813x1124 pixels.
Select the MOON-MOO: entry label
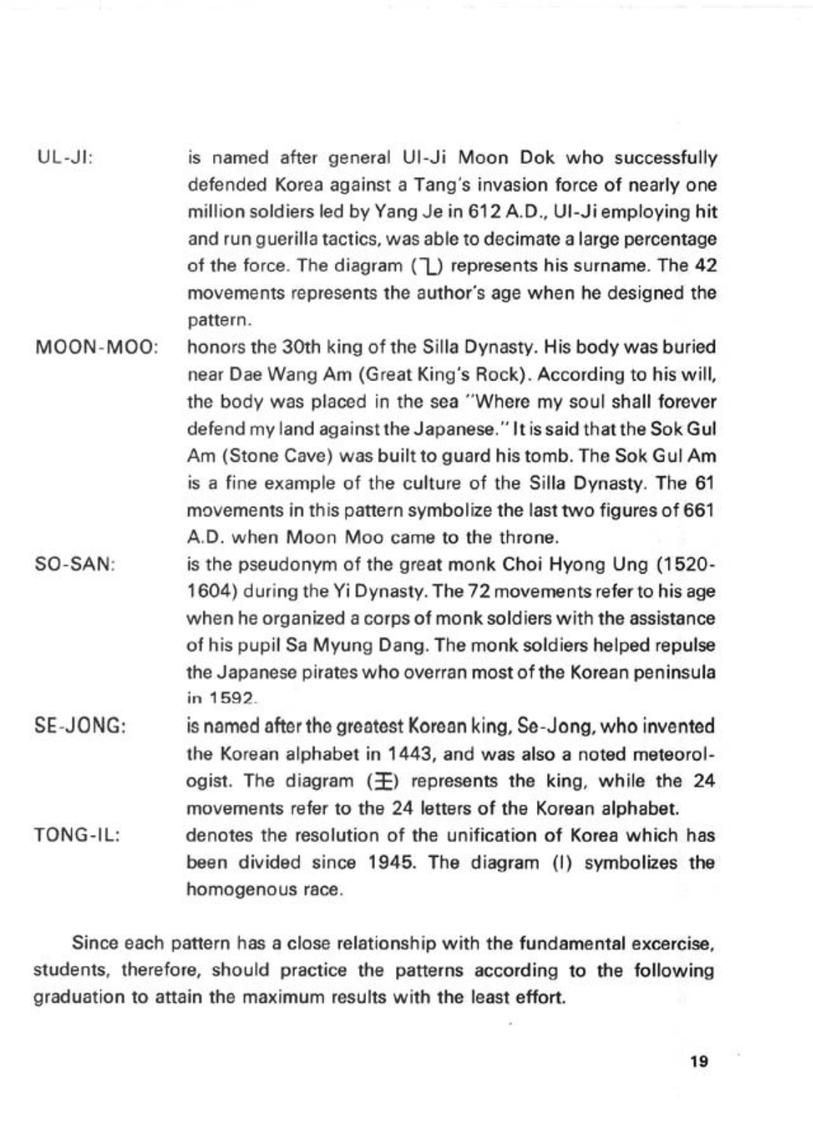(97, 347)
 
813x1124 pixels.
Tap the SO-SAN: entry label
(75, 564)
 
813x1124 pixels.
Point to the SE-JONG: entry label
(80, 727)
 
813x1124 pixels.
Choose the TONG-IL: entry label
(77, 836)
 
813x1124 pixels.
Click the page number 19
(699, 1062)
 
